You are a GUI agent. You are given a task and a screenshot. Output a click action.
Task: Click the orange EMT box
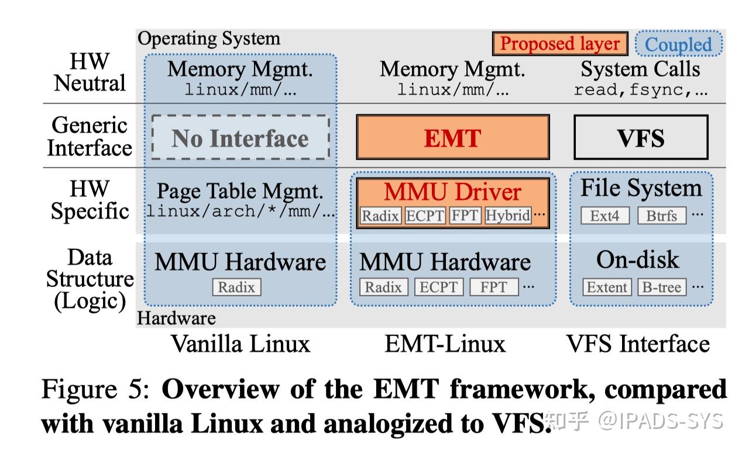tap(452, 138)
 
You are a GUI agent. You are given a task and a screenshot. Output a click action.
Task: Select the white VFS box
tap(641, 138)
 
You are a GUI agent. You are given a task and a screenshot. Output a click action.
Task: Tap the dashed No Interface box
tap(240, 138)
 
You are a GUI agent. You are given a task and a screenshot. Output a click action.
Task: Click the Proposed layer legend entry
tap(560, 44)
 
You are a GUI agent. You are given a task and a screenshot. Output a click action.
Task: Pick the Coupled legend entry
tap(678, 44)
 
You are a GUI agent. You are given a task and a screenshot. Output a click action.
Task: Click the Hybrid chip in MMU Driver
tap(508, 216)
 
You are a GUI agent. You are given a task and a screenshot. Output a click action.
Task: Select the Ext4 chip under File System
tap(604, 216)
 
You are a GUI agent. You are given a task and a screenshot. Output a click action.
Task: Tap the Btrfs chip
tap(661, 216)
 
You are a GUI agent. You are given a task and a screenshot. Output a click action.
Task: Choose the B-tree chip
tap(662, 288)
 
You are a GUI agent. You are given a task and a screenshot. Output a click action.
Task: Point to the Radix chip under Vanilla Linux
tap(236, 288)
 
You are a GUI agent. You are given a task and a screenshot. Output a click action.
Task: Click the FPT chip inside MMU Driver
tap(465, 216)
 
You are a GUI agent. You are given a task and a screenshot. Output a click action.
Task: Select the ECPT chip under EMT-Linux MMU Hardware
tap(439, 288)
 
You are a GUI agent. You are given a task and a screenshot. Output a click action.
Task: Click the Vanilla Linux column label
tap(240, 344)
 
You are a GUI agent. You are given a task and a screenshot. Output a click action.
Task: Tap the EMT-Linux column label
tap(445, 344)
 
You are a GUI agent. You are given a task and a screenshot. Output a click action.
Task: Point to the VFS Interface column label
tap(638, 344)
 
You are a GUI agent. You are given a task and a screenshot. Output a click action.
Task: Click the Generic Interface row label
tap(90, 136)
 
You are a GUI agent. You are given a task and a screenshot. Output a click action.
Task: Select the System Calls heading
tap(640, 70)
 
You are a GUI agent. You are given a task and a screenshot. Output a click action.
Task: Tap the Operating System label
tap(209, 39)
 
